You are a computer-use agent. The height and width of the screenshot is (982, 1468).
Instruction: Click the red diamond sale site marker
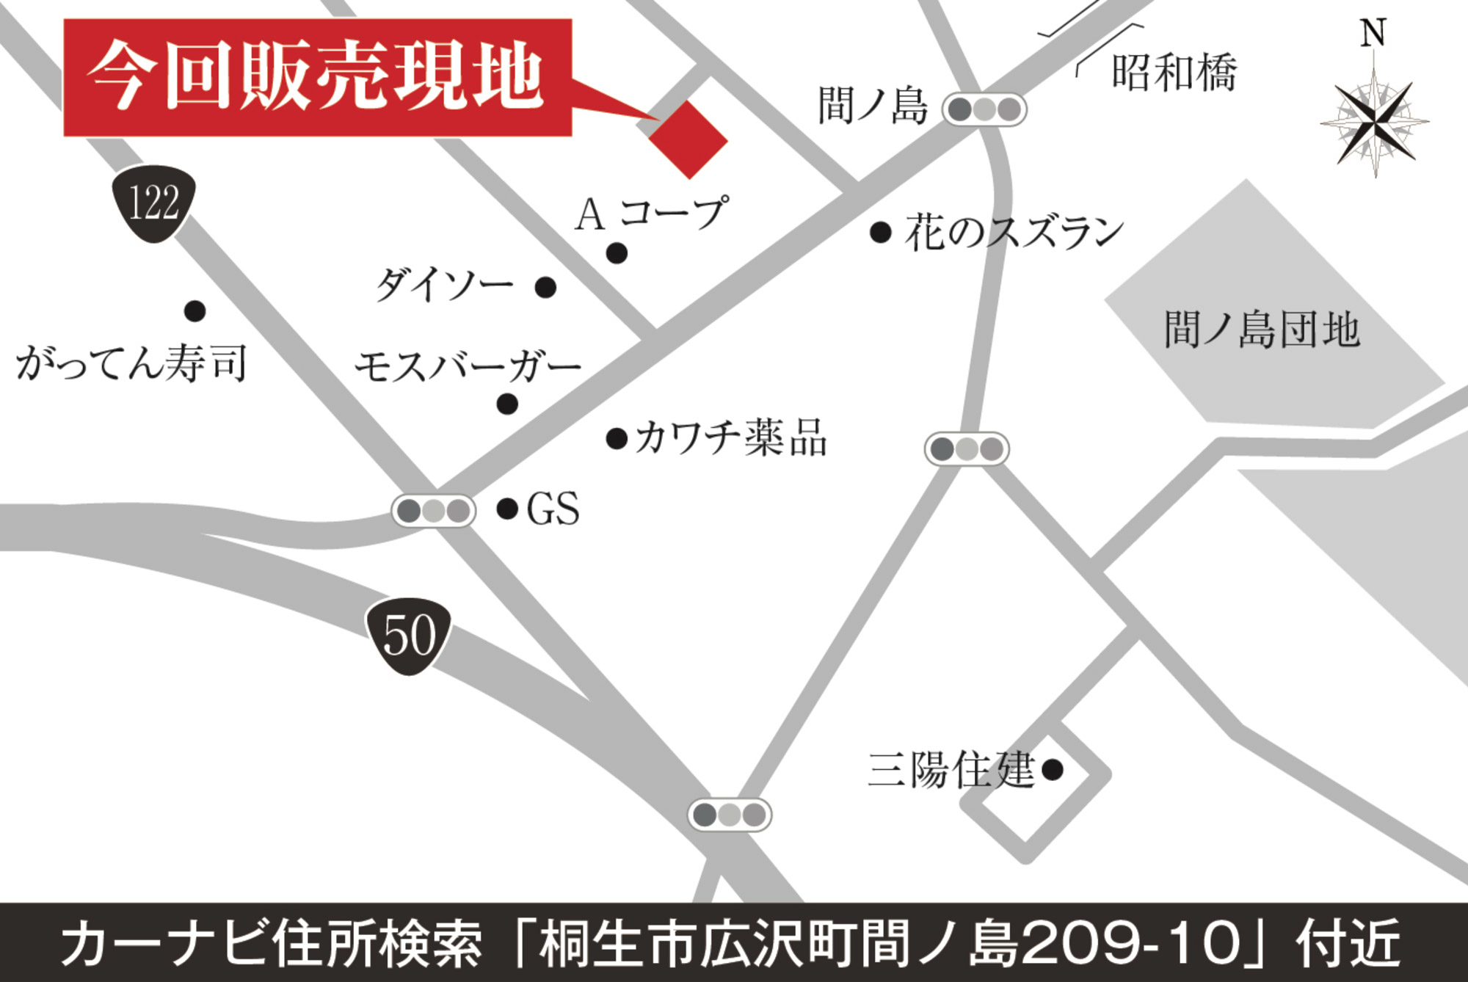click(688, 139)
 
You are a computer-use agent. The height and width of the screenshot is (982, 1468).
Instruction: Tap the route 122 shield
click(154, 203)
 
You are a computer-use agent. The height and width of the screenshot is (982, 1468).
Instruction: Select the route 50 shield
click(409, 636)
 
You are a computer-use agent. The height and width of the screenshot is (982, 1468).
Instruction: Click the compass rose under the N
click(1374, 122)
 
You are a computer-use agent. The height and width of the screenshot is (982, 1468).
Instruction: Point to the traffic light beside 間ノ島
click(984, 110)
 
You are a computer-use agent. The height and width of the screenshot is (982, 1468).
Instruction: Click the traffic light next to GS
click(434, 511)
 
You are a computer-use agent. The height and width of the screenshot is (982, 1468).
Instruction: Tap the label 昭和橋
click(1174, 73)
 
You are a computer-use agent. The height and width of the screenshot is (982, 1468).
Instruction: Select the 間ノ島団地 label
click(1262, 330)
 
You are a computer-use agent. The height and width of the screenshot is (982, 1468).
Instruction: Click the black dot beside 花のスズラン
click(881, 233)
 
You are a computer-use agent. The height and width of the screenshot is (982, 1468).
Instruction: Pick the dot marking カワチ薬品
click(617, 439)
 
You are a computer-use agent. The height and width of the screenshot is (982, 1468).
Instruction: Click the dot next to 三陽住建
click(1053, 769)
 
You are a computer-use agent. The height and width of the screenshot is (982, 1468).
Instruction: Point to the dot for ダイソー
click(545, 287)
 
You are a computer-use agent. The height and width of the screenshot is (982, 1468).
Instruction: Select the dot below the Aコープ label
click(617, 253)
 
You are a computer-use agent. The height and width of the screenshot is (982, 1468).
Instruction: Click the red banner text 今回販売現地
click(316, 77)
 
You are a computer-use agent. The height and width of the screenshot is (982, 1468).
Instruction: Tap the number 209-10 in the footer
click(1130, 943)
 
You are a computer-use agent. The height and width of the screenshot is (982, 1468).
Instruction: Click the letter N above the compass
click(1373, 33)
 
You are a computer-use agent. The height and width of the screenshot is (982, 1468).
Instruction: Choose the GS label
click(553, 509)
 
